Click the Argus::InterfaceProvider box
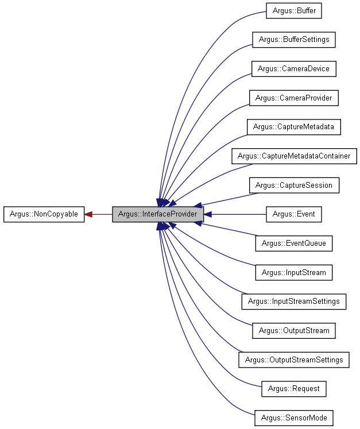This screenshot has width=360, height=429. [x=157, y=214]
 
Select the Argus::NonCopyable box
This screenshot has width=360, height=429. [x=44, y=214]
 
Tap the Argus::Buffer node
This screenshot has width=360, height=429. [x=293, y=10]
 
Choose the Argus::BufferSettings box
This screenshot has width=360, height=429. [x=293, y=40]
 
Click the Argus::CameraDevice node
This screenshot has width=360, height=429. [x=293, y=68]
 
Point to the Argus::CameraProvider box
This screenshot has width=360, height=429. [x=293, y=98]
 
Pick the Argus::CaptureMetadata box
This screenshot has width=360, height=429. [x=293, y=127]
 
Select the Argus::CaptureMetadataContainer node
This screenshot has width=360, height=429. [x=293, y=156]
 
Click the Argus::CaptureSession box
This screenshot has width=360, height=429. [x=293, y=185]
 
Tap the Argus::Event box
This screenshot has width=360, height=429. [x=293, y=214]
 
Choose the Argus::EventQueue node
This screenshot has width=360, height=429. [x=293, y=243]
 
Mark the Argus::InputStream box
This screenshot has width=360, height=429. [x=293, y=272]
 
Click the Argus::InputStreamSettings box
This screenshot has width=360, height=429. [x=293, y=301]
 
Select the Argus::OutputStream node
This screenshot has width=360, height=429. [x=293, y=330]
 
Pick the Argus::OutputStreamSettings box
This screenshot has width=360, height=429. [x=293, y=360]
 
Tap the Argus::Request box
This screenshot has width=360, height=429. [x=293, y=388]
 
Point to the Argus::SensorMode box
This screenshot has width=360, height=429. [x=293, y=418]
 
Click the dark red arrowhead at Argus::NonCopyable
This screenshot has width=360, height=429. [x=89, y=214]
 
